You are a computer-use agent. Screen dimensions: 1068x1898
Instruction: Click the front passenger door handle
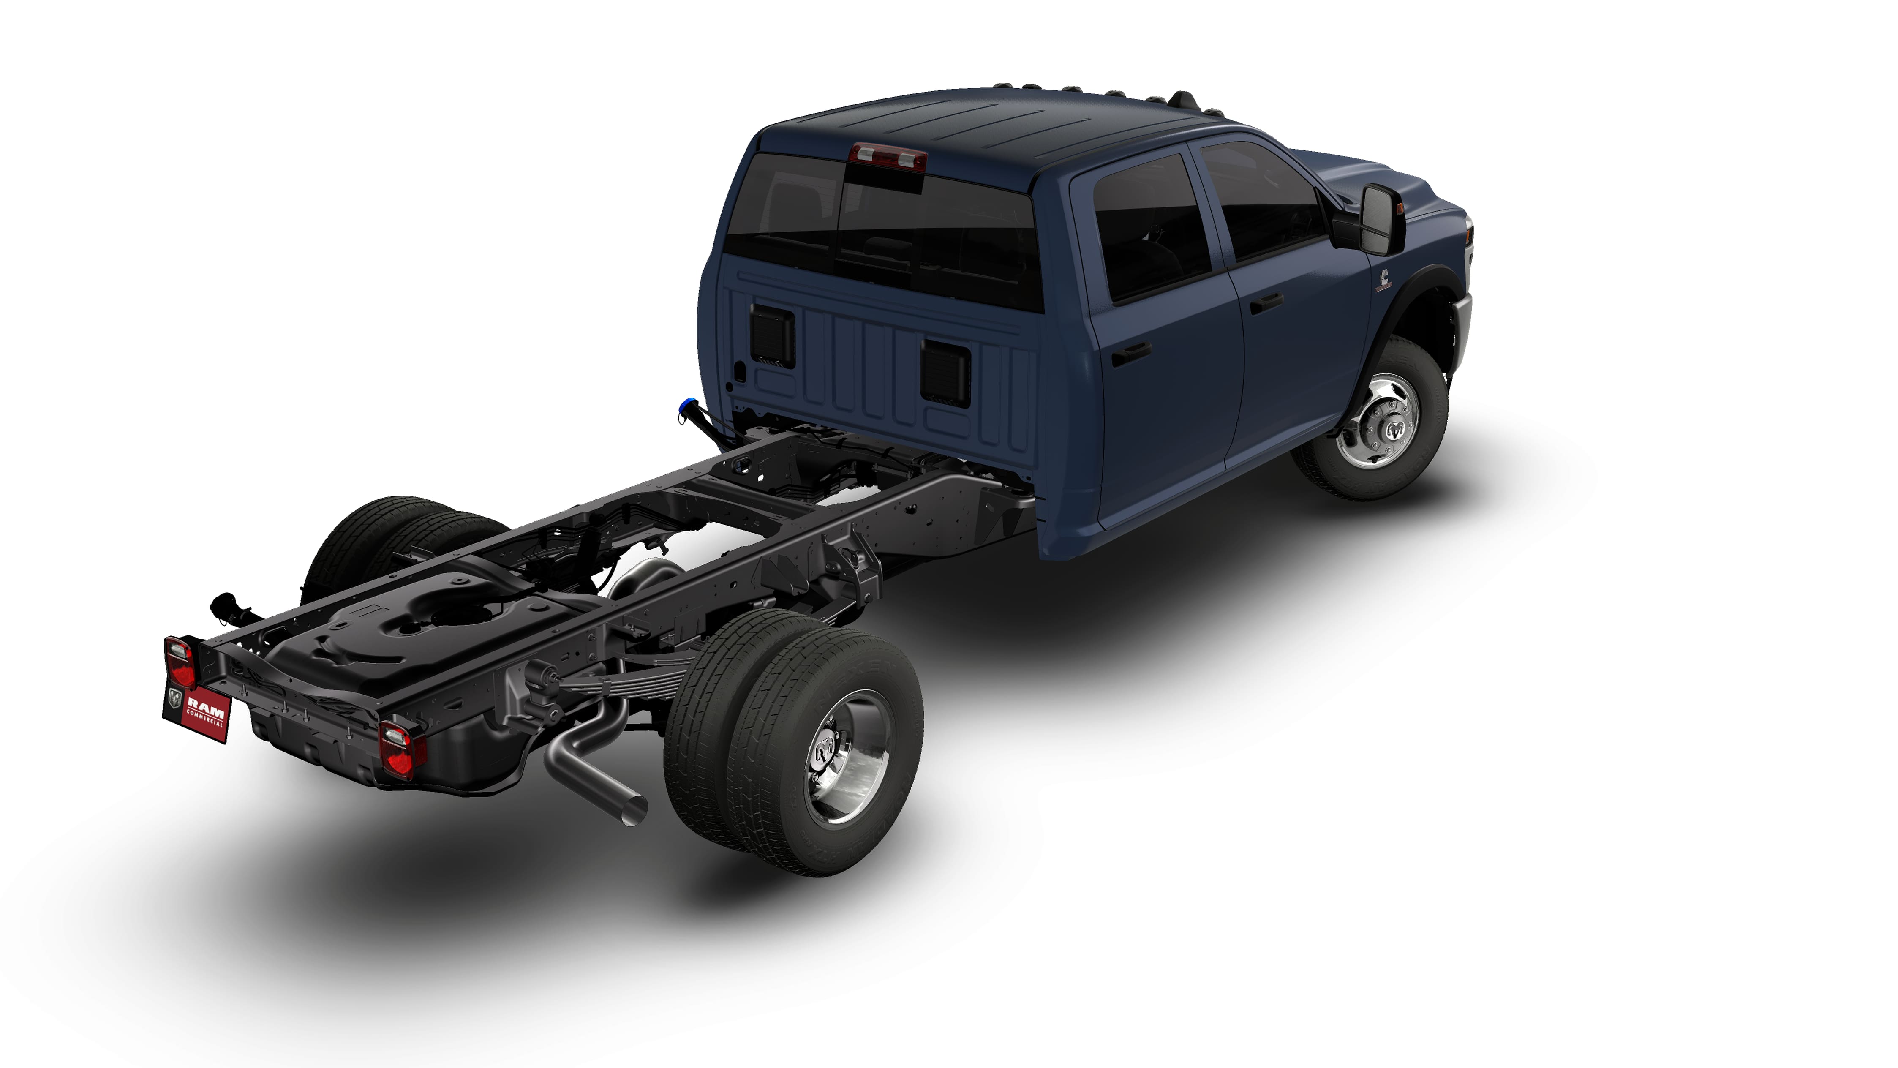coord(1265,302)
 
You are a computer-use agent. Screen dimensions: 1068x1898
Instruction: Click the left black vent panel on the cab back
coord(771,336)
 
